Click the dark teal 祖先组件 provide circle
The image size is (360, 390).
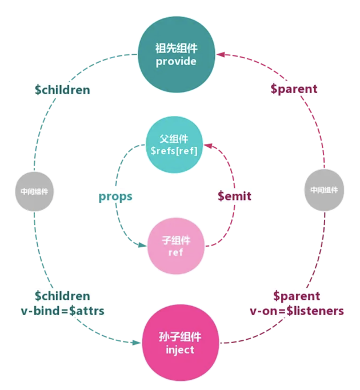click(x=176, y=55)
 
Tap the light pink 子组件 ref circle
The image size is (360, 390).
click(x=176, y=246)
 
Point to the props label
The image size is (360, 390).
click(x=115, y=196)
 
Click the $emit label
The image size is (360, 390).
click(x=234, y=196)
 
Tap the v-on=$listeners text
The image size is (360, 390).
click(x=296, y=311)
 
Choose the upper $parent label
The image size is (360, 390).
click(x=294, y=89)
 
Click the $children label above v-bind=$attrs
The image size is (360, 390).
click(x=62, y=296)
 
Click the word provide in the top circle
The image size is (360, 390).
click(x=176, y=61)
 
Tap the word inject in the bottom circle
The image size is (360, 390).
click(x=180, y=349)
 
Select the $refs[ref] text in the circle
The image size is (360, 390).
click(x=174, y=151)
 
